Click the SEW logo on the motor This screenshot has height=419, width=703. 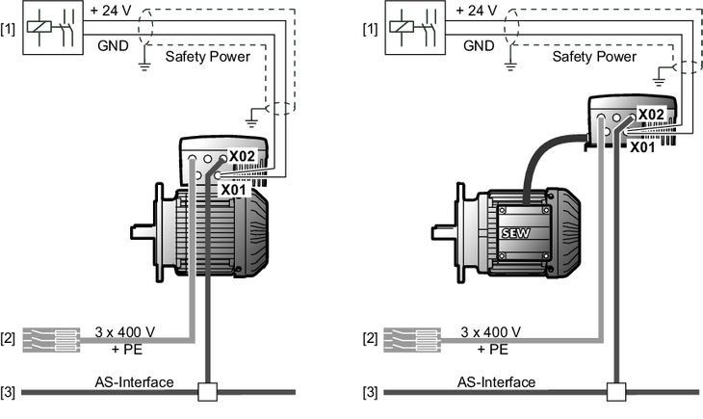click(515, 233)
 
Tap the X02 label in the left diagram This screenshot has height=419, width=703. click(242, 156)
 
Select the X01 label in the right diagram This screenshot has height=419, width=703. click(642, 147)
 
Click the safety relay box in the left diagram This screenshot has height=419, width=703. click(53, 28)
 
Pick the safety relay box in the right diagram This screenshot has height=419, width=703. click(415, 28)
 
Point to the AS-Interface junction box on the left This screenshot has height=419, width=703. click(208, 392)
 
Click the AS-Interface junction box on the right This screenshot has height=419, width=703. click(616, 392)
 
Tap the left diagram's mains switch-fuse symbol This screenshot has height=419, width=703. click(51, 340)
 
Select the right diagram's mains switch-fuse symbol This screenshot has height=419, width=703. click(412, 340)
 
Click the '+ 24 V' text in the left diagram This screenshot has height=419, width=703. click(111, 11)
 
